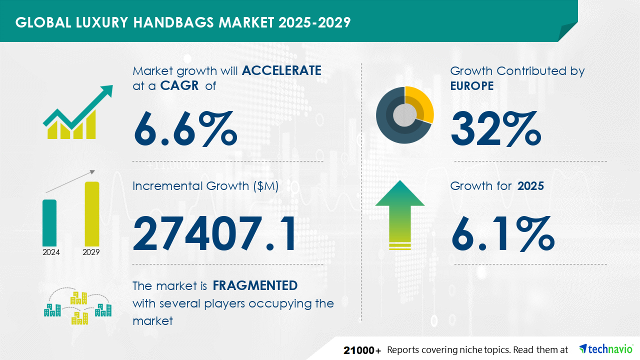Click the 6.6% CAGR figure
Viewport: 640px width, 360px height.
pyautogui.click(x=185, y=129)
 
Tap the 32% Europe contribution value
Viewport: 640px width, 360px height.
pyautogui.click(x=496, y=129)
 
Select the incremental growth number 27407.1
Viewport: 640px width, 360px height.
pyautogui.click(x=214, y=233)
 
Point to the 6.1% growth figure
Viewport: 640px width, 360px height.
pyautogui.click(x=503, y=233)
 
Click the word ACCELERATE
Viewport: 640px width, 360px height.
pyautogui.click(x=281, y=70)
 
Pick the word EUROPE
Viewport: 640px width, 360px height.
pyautogui.click(x=471, y=85)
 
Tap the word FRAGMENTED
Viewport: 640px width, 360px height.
pyautogui.click(x=255, y=285)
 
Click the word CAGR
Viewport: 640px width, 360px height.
pyautogui.click(x=179, y=85)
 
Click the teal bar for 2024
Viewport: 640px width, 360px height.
pyautogui.click(x=49, y=223)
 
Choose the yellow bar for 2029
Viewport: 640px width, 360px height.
pyautogui.click(x=92, y=214)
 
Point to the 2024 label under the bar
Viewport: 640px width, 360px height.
pyautogui.click(x=51, y=252)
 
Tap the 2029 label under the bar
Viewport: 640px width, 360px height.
pyautogui.click(x=91, y=252)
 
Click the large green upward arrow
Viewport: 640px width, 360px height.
pyautogui.click(x=400, y=215)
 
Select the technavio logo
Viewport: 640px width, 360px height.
pyautogui.click(x=606, y=349)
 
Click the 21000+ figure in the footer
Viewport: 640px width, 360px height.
pyautogui.click(x=362, y=350)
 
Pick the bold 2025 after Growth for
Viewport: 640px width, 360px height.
pyautogui.click(x=530, y=186)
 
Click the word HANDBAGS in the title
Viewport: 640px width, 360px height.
pyautogui.click(x=173, y=22)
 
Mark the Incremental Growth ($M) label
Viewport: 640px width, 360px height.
pyautogui.click(x=205, y=186)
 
